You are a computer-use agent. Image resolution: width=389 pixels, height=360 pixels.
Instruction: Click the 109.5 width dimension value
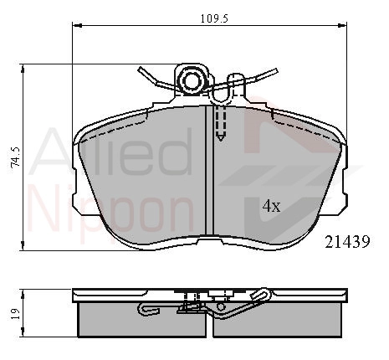[x=214, y=18]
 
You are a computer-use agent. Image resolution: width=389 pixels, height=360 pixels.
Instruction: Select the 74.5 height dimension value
[x=16, y=157]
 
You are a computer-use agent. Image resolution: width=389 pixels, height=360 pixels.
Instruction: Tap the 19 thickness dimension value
[x=16, y=314]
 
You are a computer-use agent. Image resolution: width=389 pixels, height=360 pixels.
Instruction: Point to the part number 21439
[x=347, y=242]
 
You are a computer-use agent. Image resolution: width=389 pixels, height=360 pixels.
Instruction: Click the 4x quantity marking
[x=271, y=206]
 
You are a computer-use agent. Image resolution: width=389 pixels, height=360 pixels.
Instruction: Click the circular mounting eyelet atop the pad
[x=192, y=80]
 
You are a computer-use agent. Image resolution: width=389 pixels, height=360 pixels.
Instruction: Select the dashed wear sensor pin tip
[x=221, y=137]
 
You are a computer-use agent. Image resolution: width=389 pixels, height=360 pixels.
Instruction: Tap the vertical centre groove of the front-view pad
[x=209, y=170]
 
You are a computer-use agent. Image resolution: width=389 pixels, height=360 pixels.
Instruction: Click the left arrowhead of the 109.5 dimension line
[x=77, y=26]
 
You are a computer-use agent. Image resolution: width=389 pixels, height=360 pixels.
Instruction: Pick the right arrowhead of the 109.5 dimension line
[x=342, y=26]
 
